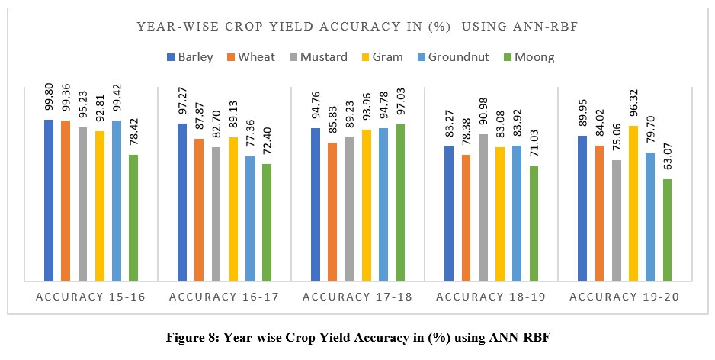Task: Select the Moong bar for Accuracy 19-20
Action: (668, 230)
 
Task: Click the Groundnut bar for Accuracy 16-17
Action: (250, 218)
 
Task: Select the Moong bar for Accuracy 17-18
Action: (400, 202)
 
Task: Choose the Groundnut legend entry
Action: (441, 57)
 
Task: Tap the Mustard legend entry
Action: (319, 57)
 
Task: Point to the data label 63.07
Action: (668, 157)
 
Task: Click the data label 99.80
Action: (49, 98)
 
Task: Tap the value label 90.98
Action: (483, 112)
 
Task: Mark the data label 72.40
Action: (267, 142)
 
